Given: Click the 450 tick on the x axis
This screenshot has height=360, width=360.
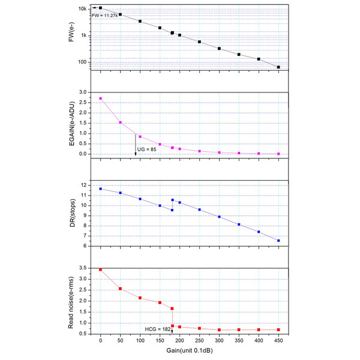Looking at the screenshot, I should [278, 343].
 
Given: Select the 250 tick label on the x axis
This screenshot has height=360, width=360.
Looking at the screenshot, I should [199, 343].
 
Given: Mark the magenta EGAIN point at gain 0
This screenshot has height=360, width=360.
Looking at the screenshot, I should [100, 98].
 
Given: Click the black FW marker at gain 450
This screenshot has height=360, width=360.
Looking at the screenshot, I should [278, 67].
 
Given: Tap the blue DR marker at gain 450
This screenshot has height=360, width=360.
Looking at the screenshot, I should [278, 241].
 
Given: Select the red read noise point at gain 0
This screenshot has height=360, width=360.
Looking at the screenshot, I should [100, 270].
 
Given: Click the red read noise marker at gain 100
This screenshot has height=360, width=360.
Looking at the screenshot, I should [140, 298].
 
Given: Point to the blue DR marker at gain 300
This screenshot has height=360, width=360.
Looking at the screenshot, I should [219, 217].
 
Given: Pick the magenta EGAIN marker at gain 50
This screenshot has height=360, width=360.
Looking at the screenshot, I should [120, 122].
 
